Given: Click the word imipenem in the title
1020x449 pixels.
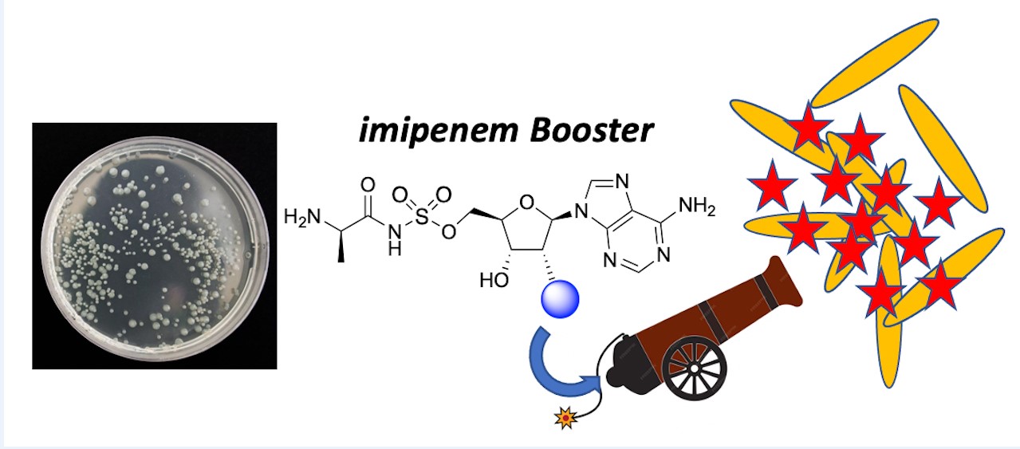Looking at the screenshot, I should click(425, 131).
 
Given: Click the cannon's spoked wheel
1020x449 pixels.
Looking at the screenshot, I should click(695, 367).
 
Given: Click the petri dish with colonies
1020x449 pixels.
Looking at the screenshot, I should click(152, 244).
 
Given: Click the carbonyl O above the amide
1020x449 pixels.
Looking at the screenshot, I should click(368, 184).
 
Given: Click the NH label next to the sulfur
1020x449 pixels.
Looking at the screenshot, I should click(392, 240).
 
